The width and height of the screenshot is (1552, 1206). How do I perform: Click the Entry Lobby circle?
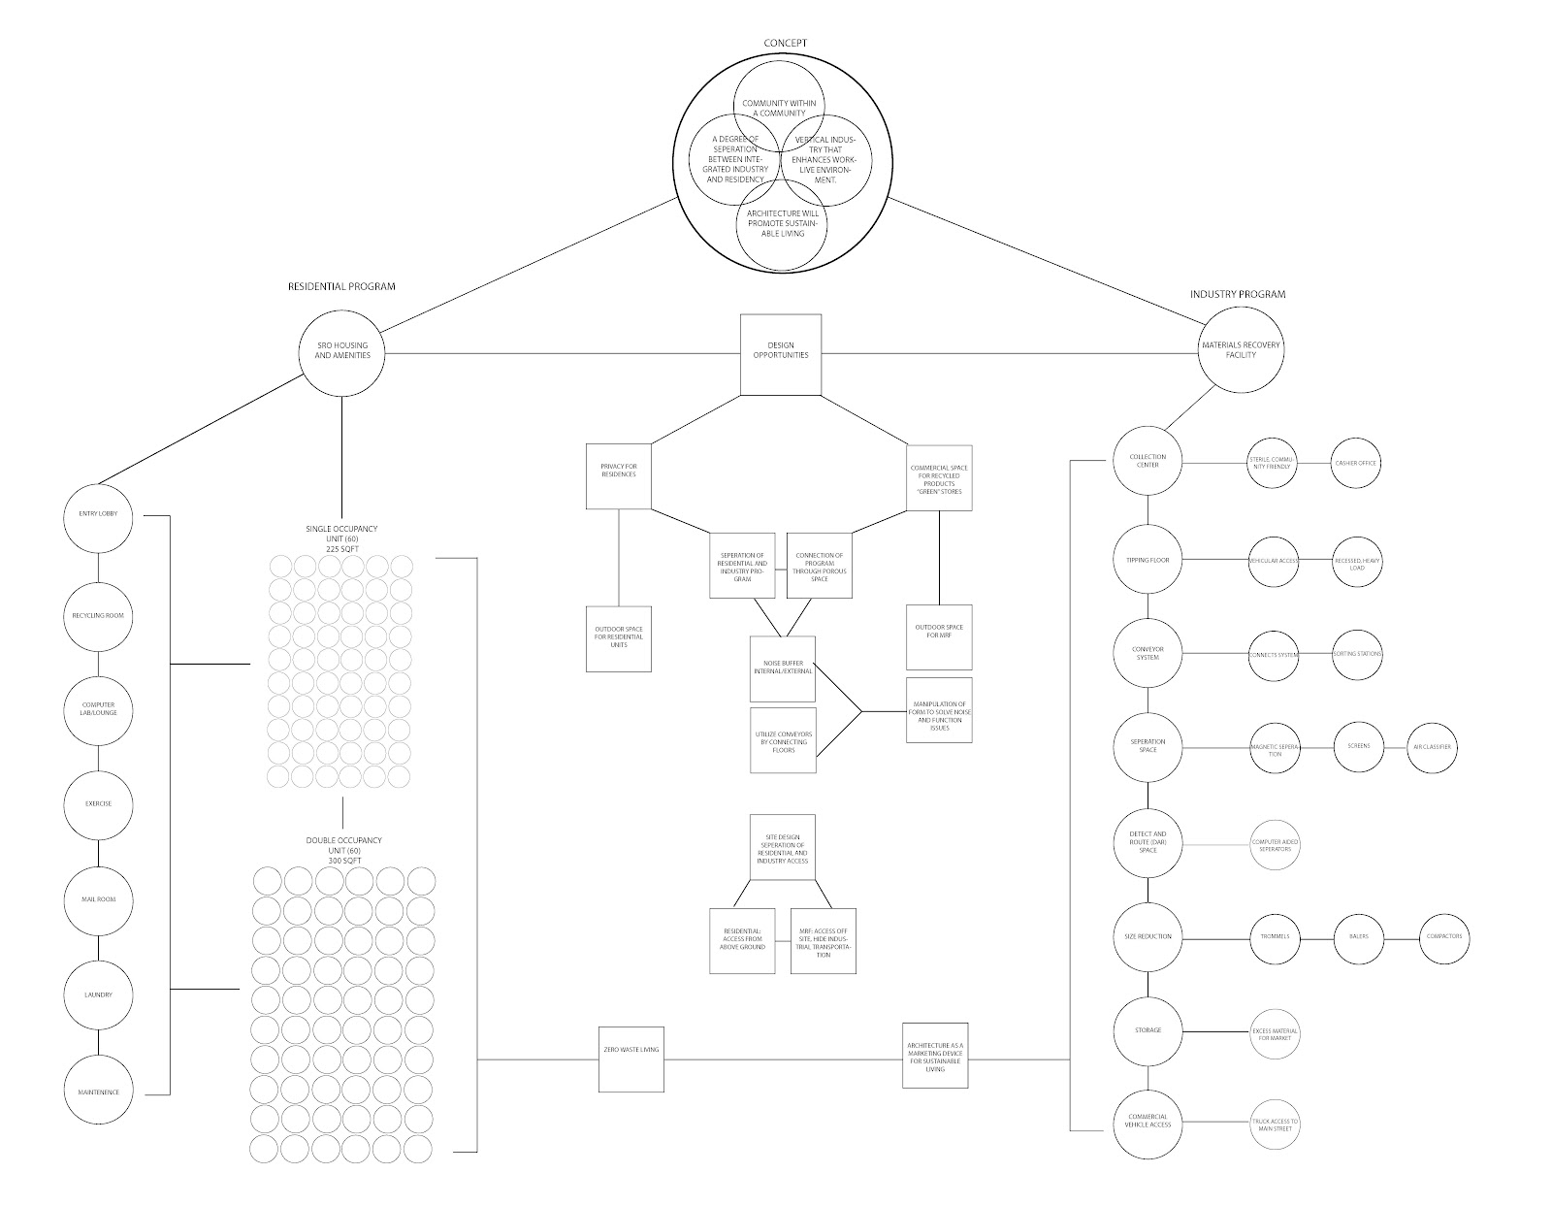click(97, 514)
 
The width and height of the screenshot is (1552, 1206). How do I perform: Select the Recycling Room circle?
click(97, 616)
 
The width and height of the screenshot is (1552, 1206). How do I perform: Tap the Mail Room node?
click(97, 899)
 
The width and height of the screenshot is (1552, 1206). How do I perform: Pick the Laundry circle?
click(97, 994)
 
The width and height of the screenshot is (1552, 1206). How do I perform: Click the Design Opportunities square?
click(781, 354)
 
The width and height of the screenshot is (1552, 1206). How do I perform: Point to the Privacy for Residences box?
click(618, 476)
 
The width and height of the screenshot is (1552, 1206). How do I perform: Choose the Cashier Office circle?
click(1356, 464)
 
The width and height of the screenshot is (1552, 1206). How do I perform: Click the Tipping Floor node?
click(1148, 560)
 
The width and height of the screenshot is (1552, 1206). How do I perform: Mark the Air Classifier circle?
click(1432, 747)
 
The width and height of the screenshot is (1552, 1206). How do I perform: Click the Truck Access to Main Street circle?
click(1274, 1126)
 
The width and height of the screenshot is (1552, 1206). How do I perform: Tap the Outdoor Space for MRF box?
click(939, 637)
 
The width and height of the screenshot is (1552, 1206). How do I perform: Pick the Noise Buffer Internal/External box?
click(783, 668)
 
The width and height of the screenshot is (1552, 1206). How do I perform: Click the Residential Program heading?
click(341, 286)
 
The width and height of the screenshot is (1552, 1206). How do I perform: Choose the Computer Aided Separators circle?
click(1274, 845)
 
